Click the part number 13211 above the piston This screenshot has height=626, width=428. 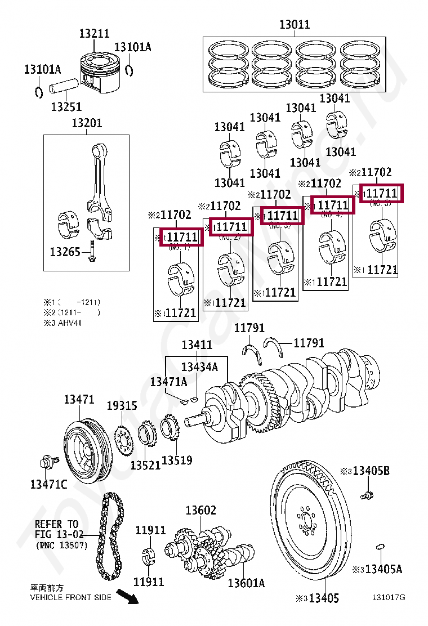[94, 34]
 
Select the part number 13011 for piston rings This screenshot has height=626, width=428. [295, 25]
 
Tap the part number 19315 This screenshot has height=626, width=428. [122, 406]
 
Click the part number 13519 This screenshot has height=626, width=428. [177, 460]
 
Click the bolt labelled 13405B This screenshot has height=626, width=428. [367, 495]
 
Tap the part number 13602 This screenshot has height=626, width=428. [201, 511]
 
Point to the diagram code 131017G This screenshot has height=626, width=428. [388, 597]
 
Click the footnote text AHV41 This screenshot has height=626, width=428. [70, 323]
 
